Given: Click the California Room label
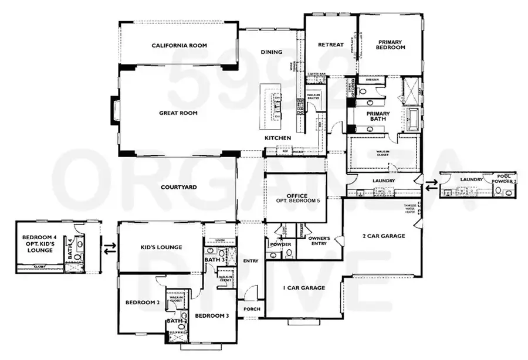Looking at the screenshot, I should point(179,45).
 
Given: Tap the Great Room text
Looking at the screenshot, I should point(178,113).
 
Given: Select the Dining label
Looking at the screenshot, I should point(272,52).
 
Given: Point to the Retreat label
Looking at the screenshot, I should point(330,45).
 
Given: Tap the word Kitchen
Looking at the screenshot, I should point(278,138).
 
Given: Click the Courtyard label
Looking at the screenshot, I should point(178,187).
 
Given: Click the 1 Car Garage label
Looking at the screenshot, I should point(303,288).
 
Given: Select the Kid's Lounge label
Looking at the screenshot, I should point(162,247).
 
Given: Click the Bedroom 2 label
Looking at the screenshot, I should point(143,303).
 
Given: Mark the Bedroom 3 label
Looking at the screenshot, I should point(212,316).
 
